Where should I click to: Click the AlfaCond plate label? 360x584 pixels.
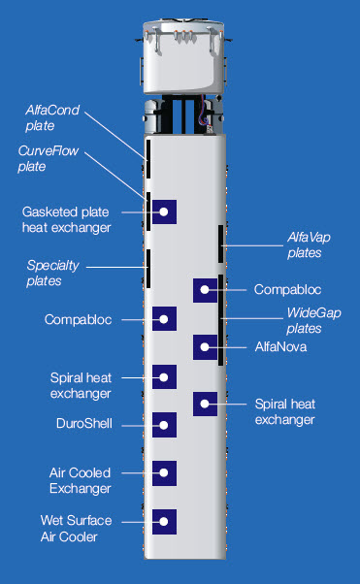52,117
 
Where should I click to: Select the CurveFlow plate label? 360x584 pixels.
48,158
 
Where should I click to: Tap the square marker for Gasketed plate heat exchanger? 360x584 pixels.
164,211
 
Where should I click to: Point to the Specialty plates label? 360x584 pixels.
52,273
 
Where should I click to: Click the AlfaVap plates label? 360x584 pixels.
309,245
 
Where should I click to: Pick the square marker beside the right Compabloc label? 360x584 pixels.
205,290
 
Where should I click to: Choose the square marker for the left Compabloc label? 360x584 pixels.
164,319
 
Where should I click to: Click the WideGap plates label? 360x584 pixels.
313,320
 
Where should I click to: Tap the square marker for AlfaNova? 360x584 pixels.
205,347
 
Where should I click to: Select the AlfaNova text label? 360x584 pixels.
280,347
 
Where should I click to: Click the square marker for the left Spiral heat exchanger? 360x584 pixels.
164,377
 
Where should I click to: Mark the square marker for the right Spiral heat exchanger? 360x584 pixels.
205,404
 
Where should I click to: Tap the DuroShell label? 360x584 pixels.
84,424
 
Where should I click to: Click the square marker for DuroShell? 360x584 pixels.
164,425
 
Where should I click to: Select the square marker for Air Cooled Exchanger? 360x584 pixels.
164,473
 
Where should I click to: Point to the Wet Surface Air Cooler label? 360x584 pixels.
76,529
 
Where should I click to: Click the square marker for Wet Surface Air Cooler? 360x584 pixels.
164,522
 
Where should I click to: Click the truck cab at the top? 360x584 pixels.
184,56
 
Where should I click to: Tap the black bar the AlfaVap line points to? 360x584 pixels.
221,243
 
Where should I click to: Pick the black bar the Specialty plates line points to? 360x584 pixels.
148,269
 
